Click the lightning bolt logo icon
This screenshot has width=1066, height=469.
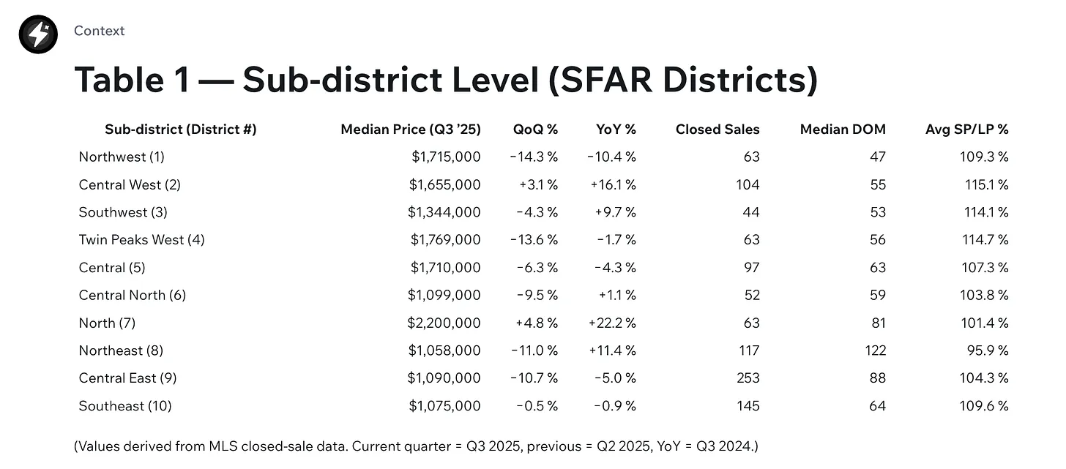coord(38,34)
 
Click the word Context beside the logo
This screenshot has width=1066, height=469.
coord(99,31)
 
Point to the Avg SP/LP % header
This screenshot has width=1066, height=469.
coord(966,130)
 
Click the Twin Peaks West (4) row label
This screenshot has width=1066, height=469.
coord(141,240)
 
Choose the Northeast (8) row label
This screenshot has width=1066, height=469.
coord(121,350)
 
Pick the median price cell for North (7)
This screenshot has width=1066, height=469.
coord(444,323)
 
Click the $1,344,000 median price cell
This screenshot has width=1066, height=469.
coord(444,212)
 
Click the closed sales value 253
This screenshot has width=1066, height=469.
coord(748,378)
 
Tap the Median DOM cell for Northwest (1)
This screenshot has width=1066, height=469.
coord(877,157)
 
